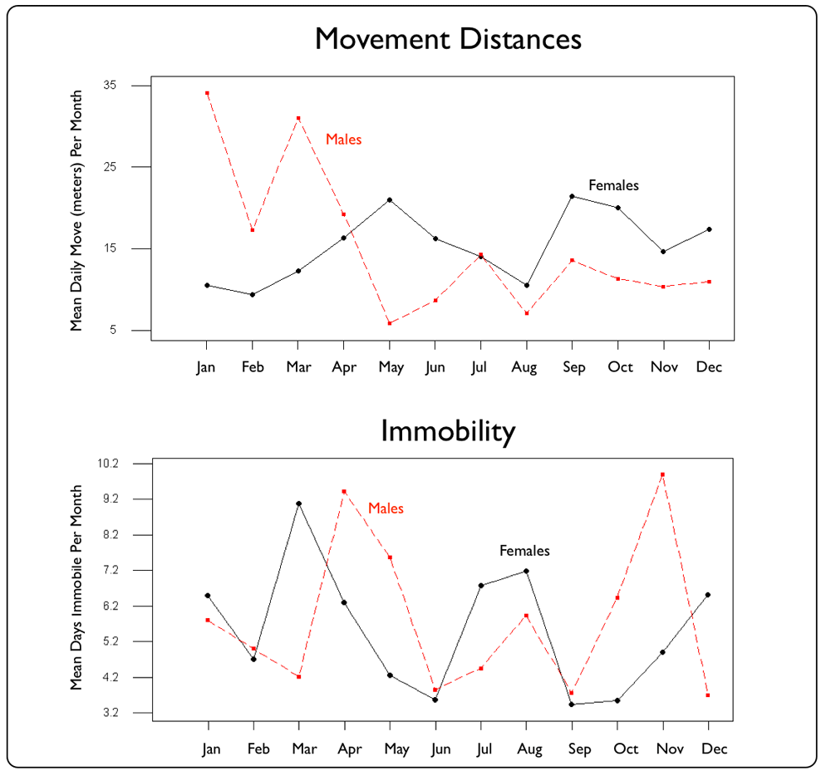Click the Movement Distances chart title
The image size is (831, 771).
pyautogui.click(x=448, y=40)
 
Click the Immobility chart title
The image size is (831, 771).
pyautogui.click(x=448, y=431)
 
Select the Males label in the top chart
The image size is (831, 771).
pyautogui.click(x=343, y=140)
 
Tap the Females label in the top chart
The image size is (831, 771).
pyautogui.click(x=613, y=185)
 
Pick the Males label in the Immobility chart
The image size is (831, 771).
pyautogui.click(x=386, y=508)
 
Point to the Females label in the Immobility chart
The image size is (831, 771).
pyautogui.click(x=524, y=551)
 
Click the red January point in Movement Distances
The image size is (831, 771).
pyautogui.click(x=207, y=93)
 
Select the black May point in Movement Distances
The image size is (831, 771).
pyautogui.click(x=389, y=200)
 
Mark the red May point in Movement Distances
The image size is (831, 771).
pyautogui.click(x=389, y=322)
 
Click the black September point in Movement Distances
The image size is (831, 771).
pyautogui.click(x=572, y=196)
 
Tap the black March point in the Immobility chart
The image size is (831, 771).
pyautogui.click(x=298, y=503)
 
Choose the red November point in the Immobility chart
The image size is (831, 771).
pyautogui.click(x=663, y=474)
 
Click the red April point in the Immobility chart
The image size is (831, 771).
pyautogui.click(x=343, y=491)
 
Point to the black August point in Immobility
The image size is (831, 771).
pyautogui.click(x=526, y=571)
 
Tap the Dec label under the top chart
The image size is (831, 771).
pyautogui.click(x=709, y=367)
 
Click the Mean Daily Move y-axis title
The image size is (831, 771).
pyautogui.click(x=77, y=210)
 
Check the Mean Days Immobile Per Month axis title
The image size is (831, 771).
pyautogui.click(x=77, y=587)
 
